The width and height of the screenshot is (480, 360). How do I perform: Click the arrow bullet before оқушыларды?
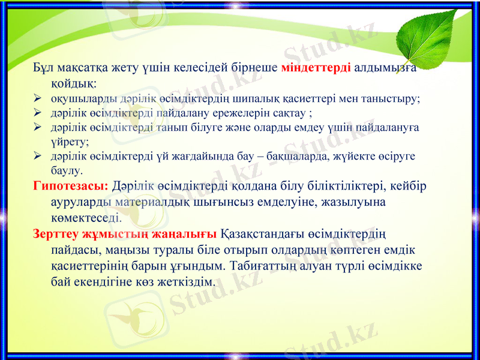click(x=37, y=98)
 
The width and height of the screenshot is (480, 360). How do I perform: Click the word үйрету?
click(x=70, y=142)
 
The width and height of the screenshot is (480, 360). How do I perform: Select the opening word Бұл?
click(x=44, y=67)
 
